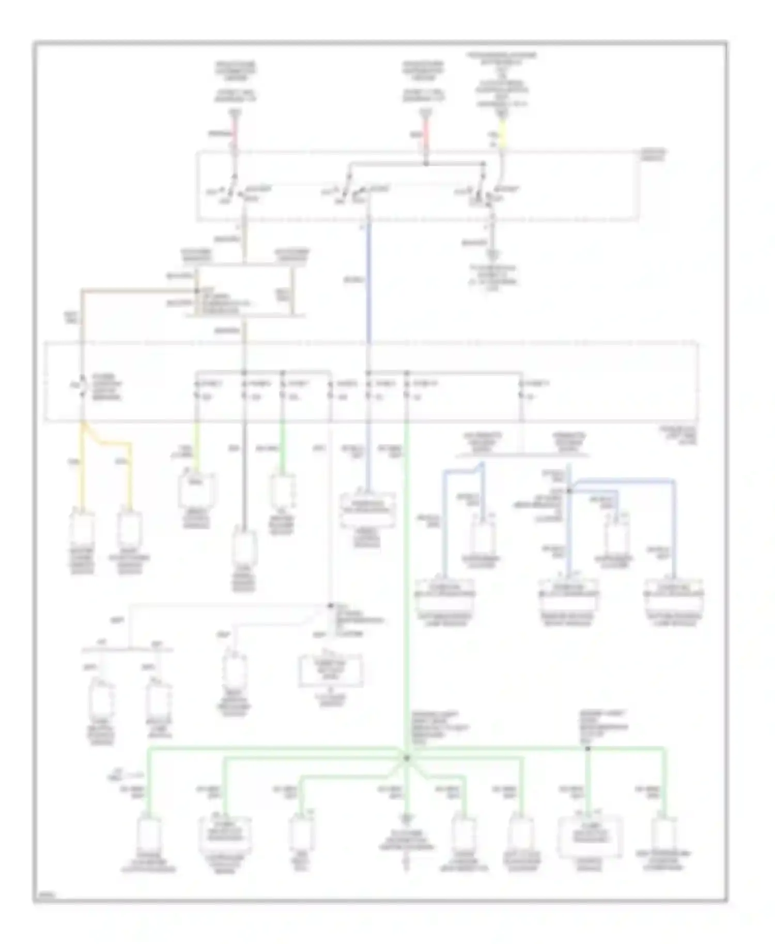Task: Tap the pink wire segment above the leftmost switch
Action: pyautogui.click(x=234, y=132)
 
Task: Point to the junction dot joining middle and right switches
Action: pyautogui.click(x=426, y=164)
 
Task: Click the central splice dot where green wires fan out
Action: pyautogui.click(x=406, y=758)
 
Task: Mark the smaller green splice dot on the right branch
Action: pyautogui.click(x=587, y=748)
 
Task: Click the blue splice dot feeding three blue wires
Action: pyautogui.click(x=569, y=491)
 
